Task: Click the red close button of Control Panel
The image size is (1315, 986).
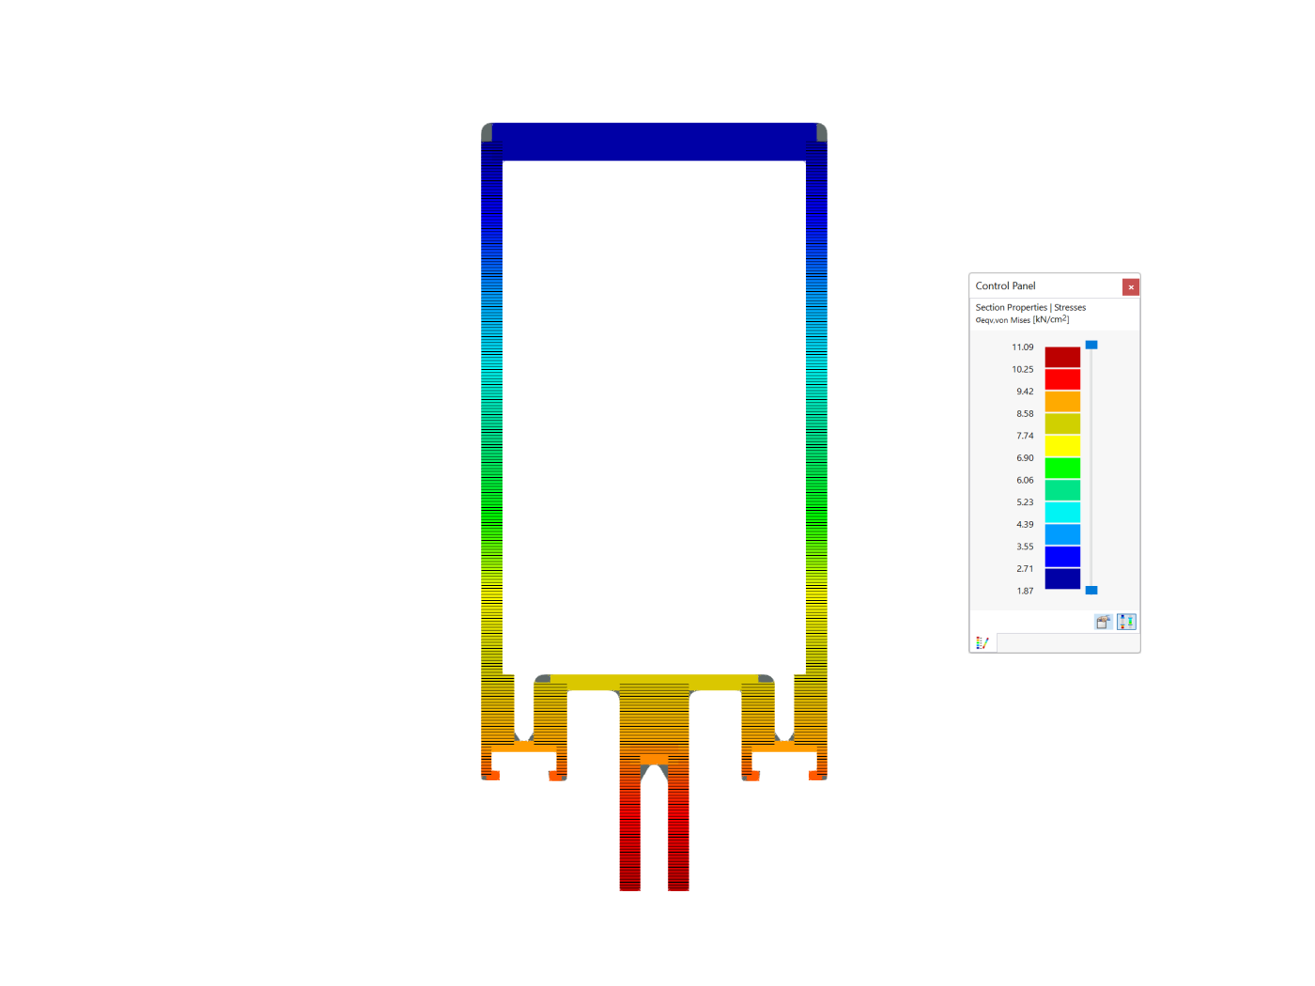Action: [x=1131, y=287]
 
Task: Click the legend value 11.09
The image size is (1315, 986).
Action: [x=1023, y=347]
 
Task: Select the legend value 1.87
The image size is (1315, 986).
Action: [x=1025, y=591]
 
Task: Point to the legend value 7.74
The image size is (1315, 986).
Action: [x=1025, y=436]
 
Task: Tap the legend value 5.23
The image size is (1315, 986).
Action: [x=1025, y=502]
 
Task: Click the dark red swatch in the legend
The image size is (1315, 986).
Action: [x=1062, y=357]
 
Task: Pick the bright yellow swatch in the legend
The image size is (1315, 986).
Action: [x=1062, y=445]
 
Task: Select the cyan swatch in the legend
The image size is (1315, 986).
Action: [x=1062, y=512]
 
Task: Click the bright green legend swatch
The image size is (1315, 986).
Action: [x=1062, y=468]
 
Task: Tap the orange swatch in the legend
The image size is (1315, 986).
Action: [x=1062, y=401]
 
